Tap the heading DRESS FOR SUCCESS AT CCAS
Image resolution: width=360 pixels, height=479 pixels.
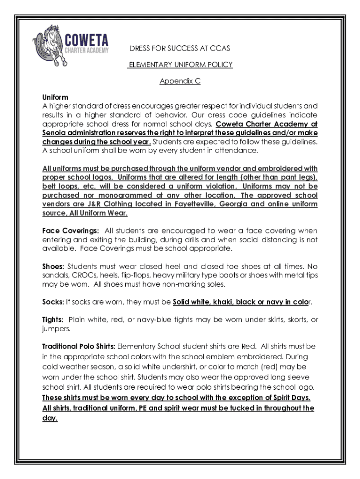(x=180, y=49)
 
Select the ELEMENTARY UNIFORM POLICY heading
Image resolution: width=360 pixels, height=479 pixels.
(x=180, y=65)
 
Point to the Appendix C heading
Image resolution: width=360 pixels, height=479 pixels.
(x=180, y=81)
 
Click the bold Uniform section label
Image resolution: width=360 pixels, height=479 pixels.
(x=55, y=97)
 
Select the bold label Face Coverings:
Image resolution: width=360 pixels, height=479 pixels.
(x=71, y=231)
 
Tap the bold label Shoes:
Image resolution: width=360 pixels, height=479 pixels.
(x=53, y=267)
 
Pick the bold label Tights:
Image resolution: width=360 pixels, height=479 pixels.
(x=53, y=320)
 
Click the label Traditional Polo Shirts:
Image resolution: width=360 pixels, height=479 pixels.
(x=79, y=347)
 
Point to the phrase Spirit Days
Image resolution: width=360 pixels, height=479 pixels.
(x=290, y=398)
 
